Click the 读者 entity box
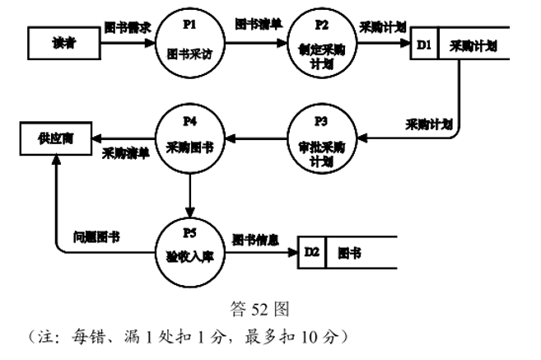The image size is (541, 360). point(63,43)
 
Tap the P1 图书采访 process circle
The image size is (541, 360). point(189,44)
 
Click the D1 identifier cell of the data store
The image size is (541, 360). point(424,46)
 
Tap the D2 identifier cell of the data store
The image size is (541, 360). point(311,251)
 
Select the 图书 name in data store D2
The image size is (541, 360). point(351,251)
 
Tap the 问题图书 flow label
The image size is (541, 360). point(97,236)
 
